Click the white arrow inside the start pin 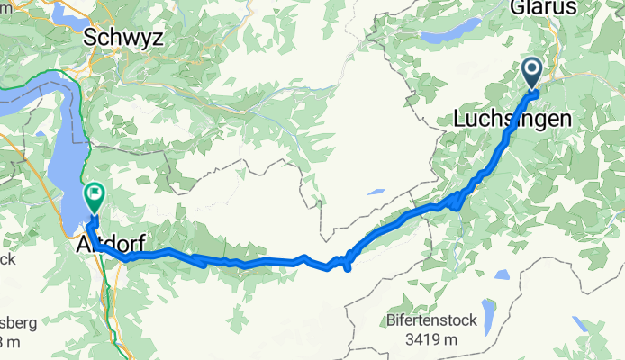tap(530, 69)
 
